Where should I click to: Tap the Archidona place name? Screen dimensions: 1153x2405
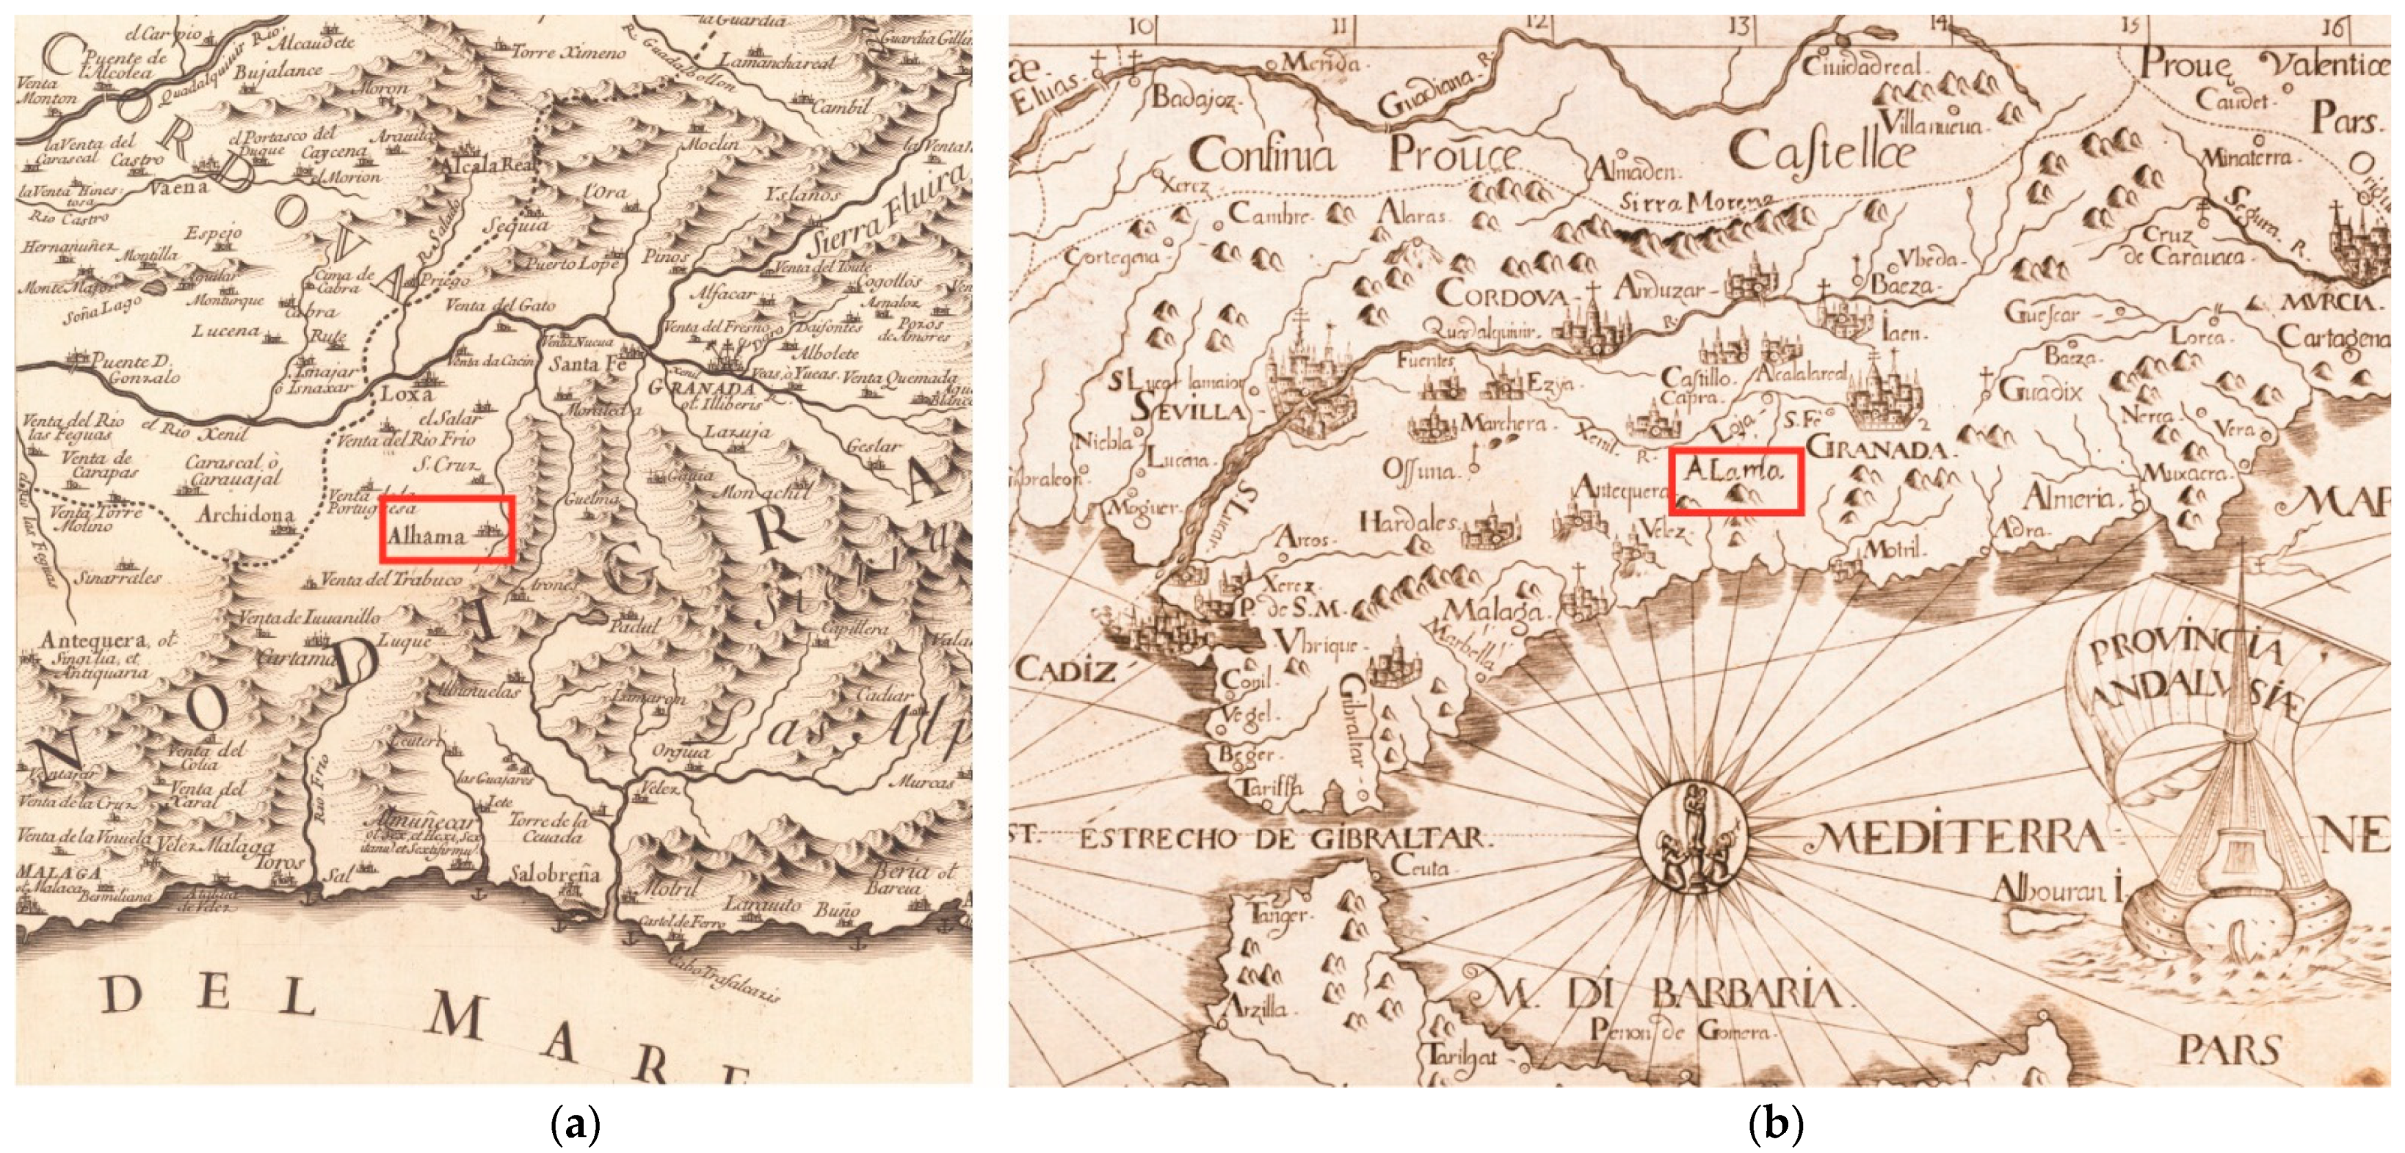click(x=245, y=514)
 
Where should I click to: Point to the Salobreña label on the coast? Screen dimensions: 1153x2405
click(x=554, y=875)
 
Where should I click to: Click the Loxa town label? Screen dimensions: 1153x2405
click(x=407, y=394)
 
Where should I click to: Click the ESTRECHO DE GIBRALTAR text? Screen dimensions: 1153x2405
click(x=1279, y=837)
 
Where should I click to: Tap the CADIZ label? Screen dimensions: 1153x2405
click(x=1064, y=669)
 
